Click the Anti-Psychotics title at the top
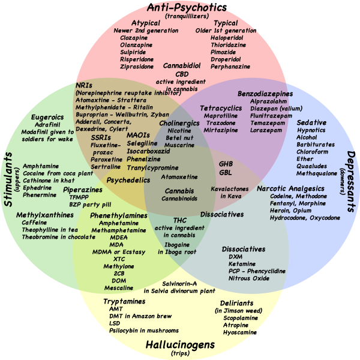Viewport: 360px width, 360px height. point(187,8)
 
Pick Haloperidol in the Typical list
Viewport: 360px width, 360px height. point(226,37)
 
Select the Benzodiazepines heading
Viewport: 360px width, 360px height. point(265,94)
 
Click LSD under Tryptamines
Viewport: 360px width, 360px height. point(115,323)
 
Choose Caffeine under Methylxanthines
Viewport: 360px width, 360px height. point(34,222)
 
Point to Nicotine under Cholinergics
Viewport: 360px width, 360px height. point(179,130)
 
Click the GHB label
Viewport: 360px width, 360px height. point(226,163)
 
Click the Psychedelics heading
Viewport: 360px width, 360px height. point(128,179)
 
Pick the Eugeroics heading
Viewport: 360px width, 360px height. point(48,117)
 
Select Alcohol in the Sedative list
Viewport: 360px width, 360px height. point(307,137)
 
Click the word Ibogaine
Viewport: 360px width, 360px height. point(179,245)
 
